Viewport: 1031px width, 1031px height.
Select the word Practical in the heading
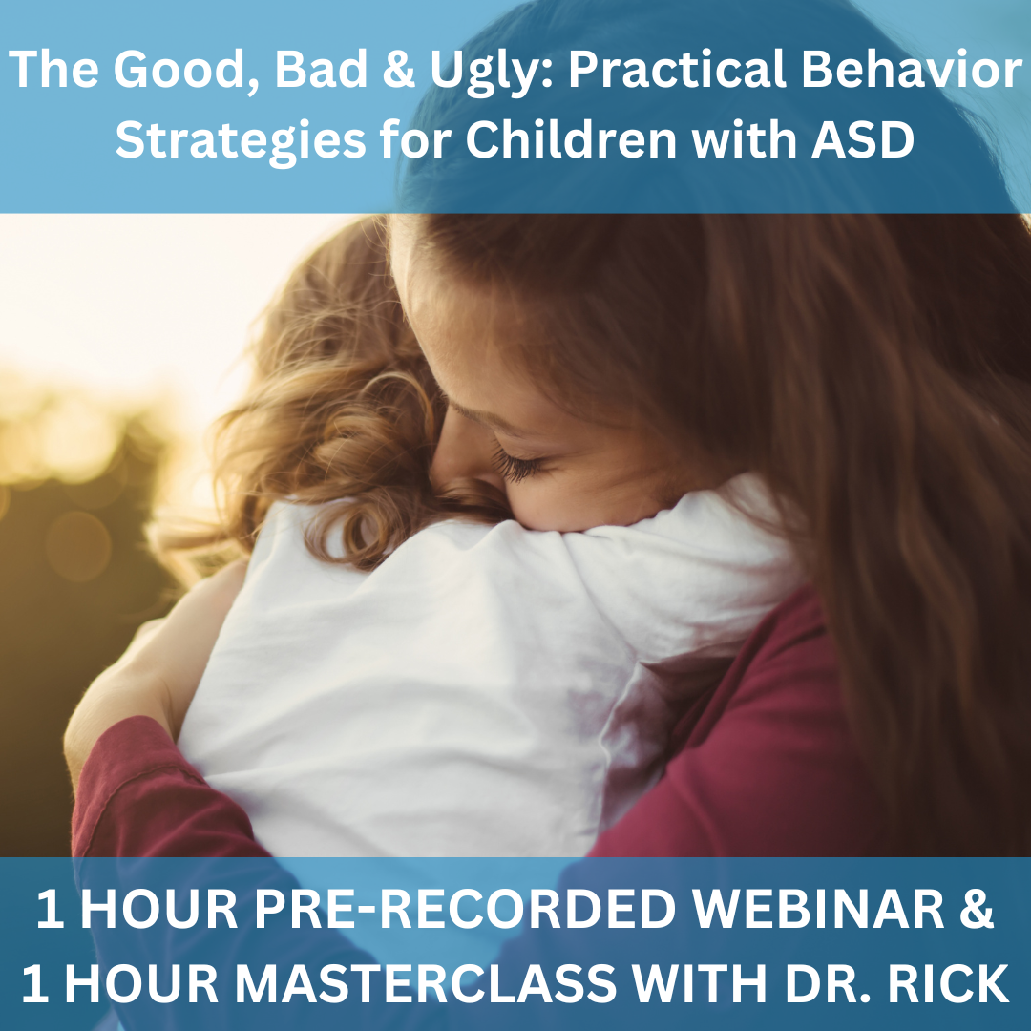pyautogui.click(x=677, y=69)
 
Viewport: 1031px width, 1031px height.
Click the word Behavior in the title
pyautogui.click(x=912, y=69)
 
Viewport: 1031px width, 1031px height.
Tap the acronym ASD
pyautogui.click(x=863, y=139)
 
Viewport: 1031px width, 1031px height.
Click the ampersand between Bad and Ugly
pyautogui.click(x=398, y=70)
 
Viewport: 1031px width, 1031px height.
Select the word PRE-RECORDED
pyautogui.click(x=465, y=909)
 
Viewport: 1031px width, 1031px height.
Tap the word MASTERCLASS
pyautogui.click(x=426, y=983)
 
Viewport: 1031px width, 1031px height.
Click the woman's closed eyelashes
pyautogui.click(x=519, y=464)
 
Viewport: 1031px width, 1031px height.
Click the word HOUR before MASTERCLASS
pyautogui.click(x=144, y=983)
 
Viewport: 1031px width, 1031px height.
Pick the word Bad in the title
pyautogui.click(x=321, y=70)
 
